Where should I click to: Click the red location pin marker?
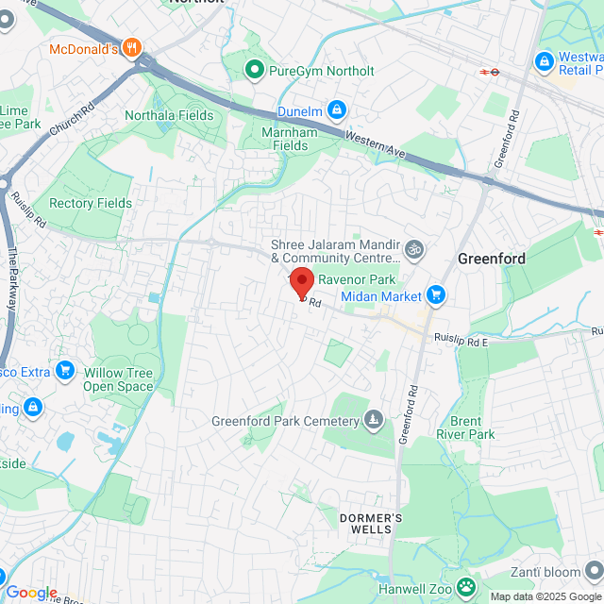click(301, 282)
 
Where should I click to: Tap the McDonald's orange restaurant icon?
click(133, 47)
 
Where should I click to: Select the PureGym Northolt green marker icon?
click(254, 70)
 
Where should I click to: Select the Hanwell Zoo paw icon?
click(466, 587)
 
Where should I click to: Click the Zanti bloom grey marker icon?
click(592, 571)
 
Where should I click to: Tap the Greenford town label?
click(491, 258)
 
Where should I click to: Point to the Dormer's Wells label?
click(371, 524)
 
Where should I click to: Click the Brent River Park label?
click(465, 428)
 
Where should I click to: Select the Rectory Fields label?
click(91, 203)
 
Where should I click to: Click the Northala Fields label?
click(169, 116)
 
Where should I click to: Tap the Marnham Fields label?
click(290, 139)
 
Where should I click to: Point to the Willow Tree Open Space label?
click(118, 379)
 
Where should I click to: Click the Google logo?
click(31, 593)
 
